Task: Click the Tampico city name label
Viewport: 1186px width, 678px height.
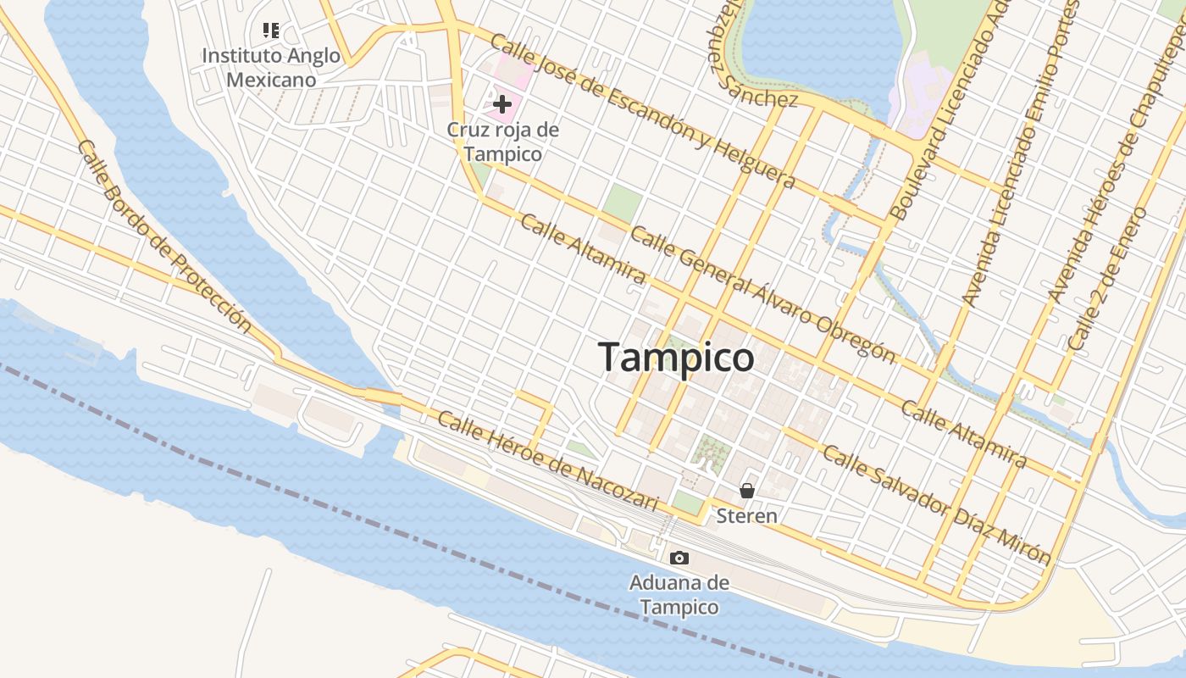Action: click(x=676, y=357)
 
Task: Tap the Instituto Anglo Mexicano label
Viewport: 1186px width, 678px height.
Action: click(x=271, y=68)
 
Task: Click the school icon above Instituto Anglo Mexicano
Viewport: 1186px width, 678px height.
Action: click(x=271, y=31)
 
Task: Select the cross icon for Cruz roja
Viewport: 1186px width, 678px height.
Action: click(x=502, y=105)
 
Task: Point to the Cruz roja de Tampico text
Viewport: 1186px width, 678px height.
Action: click(x=502, y=142)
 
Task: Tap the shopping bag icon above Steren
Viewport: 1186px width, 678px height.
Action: click(x=746, y=490)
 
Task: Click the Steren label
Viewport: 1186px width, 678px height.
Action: click(x=746, y=515)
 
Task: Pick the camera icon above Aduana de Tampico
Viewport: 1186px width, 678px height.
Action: click(x=679, y=558)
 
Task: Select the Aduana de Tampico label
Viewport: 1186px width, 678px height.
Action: click(x=679, y=595)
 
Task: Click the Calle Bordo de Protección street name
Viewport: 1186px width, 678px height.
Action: click(x=164, y=236)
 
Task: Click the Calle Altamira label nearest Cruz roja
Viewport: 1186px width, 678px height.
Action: click(x=582, y=248)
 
